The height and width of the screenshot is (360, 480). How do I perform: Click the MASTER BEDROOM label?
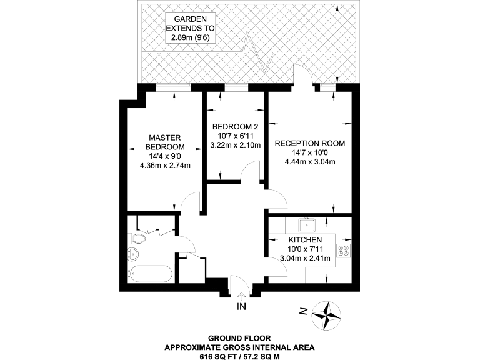coord(165,142)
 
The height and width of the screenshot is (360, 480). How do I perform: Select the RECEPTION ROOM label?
coord(310,143)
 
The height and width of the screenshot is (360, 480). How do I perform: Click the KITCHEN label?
coord(305,240)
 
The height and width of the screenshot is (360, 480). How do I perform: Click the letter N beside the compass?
coord(302,311)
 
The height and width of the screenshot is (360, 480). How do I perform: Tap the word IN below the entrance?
coord(241,307)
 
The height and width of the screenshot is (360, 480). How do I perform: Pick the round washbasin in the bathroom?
coord(133,254)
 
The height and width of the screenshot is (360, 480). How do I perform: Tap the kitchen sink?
coord(307,224)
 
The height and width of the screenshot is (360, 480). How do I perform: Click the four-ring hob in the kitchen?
coord(344,251)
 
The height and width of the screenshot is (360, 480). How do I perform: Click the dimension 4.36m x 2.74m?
coord(165,165)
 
